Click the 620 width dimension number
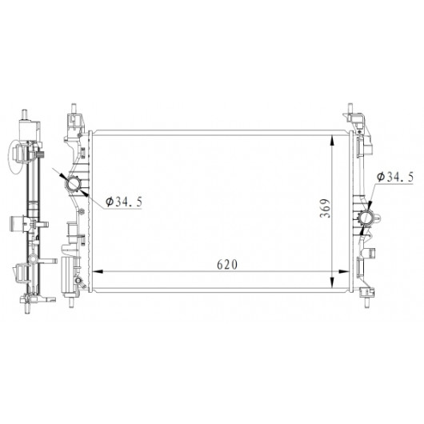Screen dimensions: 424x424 pos(227,265)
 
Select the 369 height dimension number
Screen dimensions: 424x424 pos(325,208)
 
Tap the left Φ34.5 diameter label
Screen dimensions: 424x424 pos(124,202)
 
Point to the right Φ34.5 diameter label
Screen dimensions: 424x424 pos(395,177)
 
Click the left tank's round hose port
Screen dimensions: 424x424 pos(73,185)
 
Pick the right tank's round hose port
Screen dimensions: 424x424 pos(366,218)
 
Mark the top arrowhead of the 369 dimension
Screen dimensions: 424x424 pos(332,142)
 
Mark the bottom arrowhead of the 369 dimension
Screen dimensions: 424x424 pos(332,282)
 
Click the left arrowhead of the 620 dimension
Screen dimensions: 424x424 pos(98,271)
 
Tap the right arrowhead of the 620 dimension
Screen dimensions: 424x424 pos(344,271)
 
